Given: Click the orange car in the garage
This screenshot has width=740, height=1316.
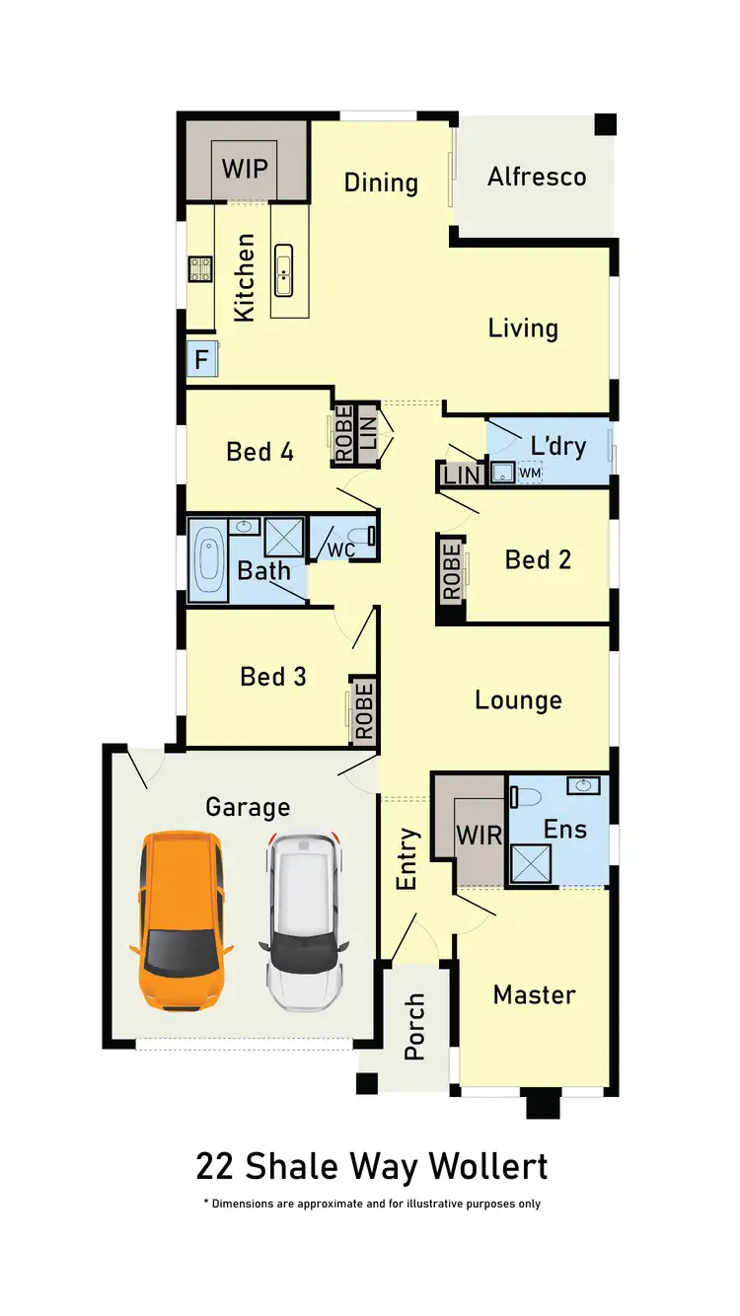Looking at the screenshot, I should coord(182,920).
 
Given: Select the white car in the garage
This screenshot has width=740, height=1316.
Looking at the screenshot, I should coord(304,923).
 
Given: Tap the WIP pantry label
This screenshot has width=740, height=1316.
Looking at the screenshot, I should coord(244,168).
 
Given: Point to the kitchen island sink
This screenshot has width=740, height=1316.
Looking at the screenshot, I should coord(284,269).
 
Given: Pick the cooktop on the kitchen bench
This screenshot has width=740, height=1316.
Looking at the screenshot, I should coord(201,269).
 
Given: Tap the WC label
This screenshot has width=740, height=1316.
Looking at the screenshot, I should coord(340,548).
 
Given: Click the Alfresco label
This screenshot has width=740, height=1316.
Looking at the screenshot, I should coord(537,177).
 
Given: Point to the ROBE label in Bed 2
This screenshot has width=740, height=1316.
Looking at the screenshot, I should coord(452,571).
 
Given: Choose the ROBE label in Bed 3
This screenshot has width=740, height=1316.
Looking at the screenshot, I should coord(363,709).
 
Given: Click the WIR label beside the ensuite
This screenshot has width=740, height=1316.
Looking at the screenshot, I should coord(479,835).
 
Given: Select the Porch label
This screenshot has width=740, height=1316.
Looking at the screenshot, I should coord(414,1027).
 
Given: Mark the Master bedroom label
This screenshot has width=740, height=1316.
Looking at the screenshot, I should coord(534,994).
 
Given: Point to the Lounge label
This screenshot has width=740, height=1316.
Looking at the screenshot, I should coord(518,699).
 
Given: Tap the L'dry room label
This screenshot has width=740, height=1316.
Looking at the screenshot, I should coord(557,446).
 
